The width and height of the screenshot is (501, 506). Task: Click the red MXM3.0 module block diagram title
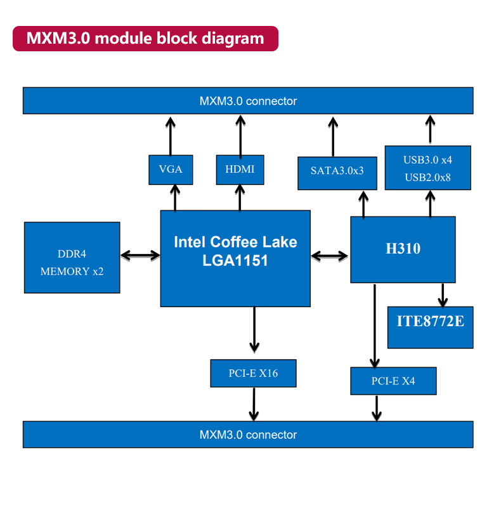(145, 39)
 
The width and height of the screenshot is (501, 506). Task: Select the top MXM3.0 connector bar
(248, 101)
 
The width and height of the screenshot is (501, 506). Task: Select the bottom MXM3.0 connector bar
(248, 434)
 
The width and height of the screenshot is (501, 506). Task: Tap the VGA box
(171, 169)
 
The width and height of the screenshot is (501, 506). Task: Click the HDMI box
(240, 169)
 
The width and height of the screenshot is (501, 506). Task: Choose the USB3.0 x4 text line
(427, 160)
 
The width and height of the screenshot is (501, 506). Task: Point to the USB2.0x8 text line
(427, 177)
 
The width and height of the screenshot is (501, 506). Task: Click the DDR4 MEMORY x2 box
(72, 257)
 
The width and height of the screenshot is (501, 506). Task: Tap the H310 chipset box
(403, 249)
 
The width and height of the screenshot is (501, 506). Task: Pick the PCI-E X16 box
(253, 373)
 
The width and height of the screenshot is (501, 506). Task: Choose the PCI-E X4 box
(393, 381)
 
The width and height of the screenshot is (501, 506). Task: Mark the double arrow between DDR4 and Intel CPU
(140, 255)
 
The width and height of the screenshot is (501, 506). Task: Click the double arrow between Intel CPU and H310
(330, 256)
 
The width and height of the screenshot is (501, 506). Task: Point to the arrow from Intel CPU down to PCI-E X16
(254, 329)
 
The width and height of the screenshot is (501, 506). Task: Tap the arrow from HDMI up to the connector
(240, 135)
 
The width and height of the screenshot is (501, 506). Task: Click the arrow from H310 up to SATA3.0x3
(363, 204)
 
